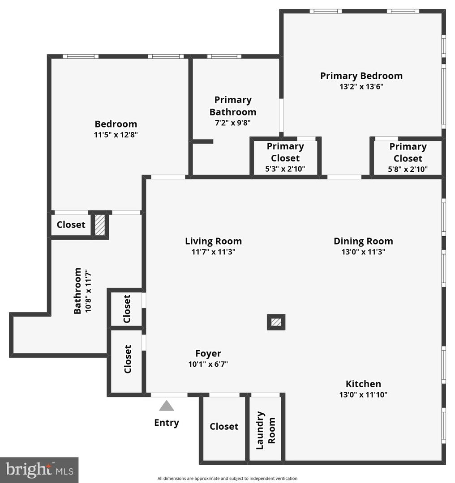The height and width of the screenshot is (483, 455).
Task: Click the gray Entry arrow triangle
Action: click(167, 406)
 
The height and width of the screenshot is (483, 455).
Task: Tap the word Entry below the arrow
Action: click(167, 423)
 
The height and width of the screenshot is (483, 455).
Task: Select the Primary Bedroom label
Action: click(361, 76)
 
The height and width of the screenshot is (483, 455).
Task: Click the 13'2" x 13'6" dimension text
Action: click(361, 87)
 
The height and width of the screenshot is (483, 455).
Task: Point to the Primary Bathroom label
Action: click(233, 106)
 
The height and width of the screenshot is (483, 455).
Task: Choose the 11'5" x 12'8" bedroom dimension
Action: click(116, 135)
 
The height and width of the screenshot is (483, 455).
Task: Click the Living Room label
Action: click(213, 241)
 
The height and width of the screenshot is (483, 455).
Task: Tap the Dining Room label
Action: click(363, 241)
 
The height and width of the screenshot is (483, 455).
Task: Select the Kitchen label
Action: click(363, 384)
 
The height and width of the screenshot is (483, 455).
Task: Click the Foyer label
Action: click(208, 353)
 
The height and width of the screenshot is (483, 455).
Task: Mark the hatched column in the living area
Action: click(276, 322)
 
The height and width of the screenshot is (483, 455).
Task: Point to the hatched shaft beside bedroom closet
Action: click(100, 225)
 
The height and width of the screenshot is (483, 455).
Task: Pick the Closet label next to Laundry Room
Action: click(224, 427)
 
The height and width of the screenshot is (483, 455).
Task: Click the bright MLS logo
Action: click(39, 470)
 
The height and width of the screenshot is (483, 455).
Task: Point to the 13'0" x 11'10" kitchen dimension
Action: click(363, 394)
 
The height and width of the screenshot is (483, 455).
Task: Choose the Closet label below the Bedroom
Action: click(71, 225)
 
